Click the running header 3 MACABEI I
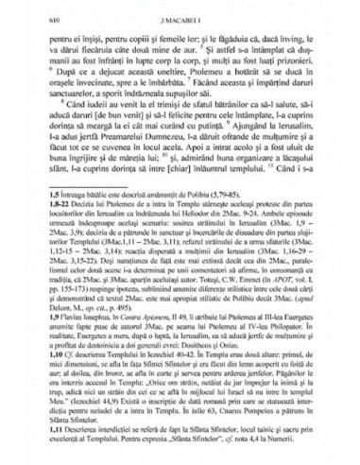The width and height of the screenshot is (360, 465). (182, 12)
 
